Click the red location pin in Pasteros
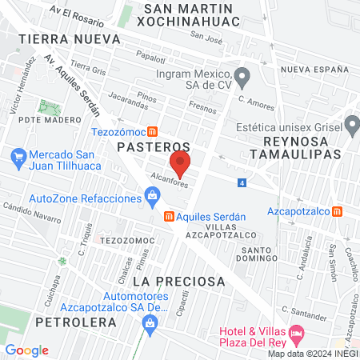pyautogui.click(x=180, y=166)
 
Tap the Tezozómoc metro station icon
pyautogui.click(x=164, y=131)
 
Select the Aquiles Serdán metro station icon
pyautogui.click(x=169, y=216)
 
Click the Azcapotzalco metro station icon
pyautogui.click(x=338, y=212)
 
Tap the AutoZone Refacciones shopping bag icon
pyautogui.click(x=152, y=196)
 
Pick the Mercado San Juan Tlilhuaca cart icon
pyautogui.click(x=17, y=155)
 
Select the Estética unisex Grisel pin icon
pyautogui.click(x=350, y=125)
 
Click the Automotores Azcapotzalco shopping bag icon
pyautogui.click(x=148, y=322)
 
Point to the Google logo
pyautogui.click(x=26, y=350)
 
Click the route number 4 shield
pyautogui.click(x=242, y=183)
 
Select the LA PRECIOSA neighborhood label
pyautogui.click(x=178, y=282)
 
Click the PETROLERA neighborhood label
pyautogui.click(x=76, y=322)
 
